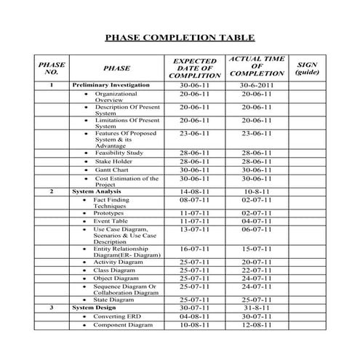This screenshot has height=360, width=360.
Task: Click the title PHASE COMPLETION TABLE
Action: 180,38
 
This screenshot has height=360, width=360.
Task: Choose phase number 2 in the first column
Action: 52,191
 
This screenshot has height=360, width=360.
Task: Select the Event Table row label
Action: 111,220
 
